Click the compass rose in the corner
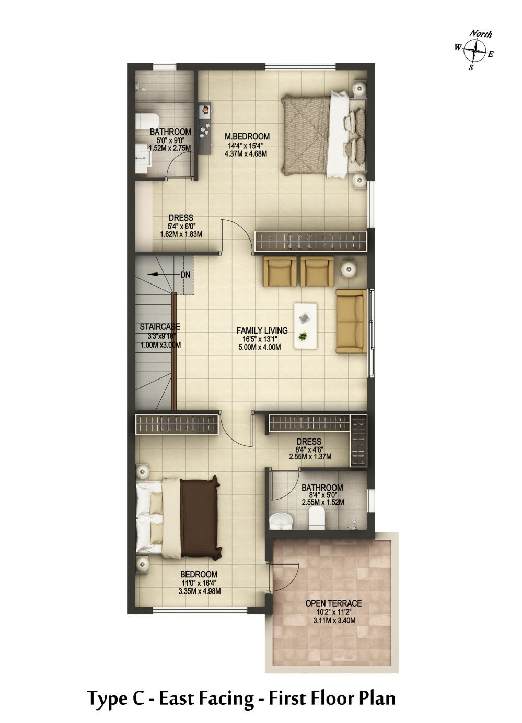pos(474,50)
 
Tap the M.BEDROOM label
pos(247,137)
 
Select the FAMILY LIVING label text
pos(262,330)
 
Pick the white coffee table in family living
pos(305,325)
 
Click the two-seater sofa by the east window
pos(352,322)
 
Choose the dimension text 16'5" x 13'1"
pos(262,339)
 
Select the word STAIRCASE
pos(160,327)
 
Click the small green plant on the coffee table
pos(303,337)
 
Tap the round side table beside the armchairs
pos(349,268)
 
